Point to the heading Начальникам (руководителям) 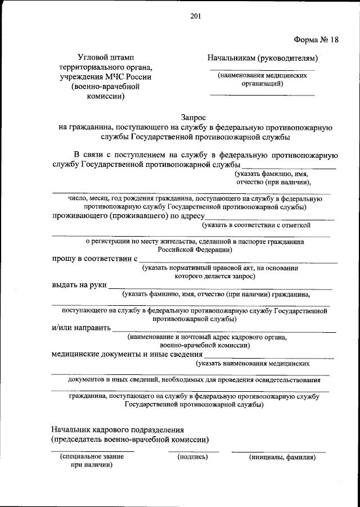(x=263, y=57)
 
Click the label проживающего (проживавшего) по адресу (x=128, y=215)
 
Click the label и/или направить (x=81, y=328)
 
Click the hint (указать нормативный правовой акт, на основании (x=220, y=268)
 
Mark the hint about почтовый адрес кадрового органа (x=207, y=337)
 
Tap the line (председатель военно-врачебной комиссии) (x=130, y=439)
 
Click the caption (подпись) (x=192, y=457)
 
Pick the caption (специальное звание (x=92, y=457)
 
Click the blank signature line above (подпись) (x=193, y=451)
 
